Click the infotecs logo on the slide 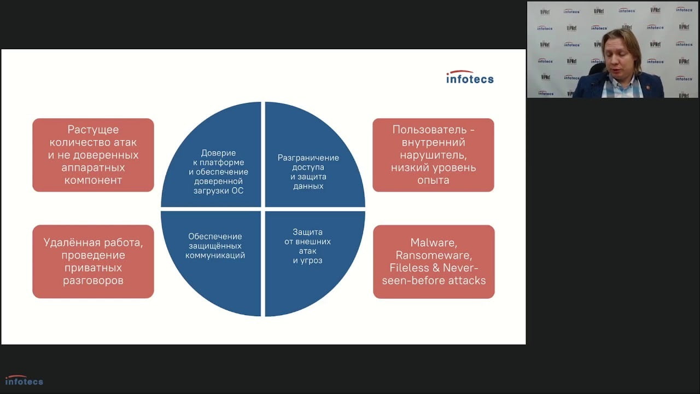point(470,77)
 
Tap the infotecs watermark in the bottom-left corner point(24,380)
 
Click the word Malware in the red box point(434,242)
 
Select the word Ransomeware point(434,255)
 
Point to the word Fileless point(409,268)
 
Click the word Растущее point(93,130)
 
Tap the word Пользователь point(429,130)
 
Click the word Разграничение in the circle point(308,158)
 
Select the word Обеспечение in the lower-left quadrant point(215,236)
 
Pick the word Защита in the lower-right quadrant point(307,232)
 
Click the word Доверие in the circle point(218,153)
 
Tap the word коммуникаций point(215,255)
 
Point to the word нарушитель point(433,155)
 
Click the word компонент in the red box point(93,180)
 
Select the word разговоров point(93,281)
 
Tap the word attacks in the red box point(467,281)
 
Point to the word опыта point(433,181)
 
